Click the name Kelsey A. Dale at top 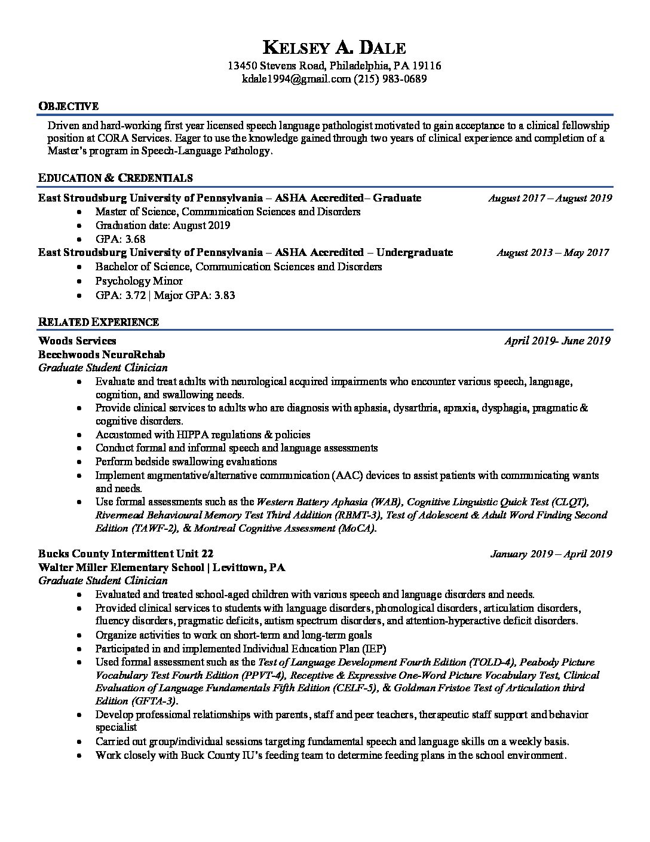click(x=334, y=48)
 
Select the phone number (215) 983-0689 click(x=390, y=79)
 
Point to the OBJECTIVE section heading click(x=68, y=106)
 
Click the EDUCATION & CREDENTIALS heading click(x=115, y=178)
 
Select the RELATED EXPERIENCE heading click(x=99, y=322)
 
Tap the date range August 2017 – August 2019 click(x=550, y=198)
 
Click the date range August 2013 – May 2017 click(x=553, y=252)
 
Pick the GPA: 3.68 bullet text click(x=120, y=239)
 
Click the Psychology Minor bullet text click(x=139, y=280)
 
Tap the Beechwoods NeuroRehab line click(x=102, y=355)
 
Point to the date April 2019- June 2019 click(x=557, y=341)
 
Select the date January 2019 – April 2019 click(x=551, y=554)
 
